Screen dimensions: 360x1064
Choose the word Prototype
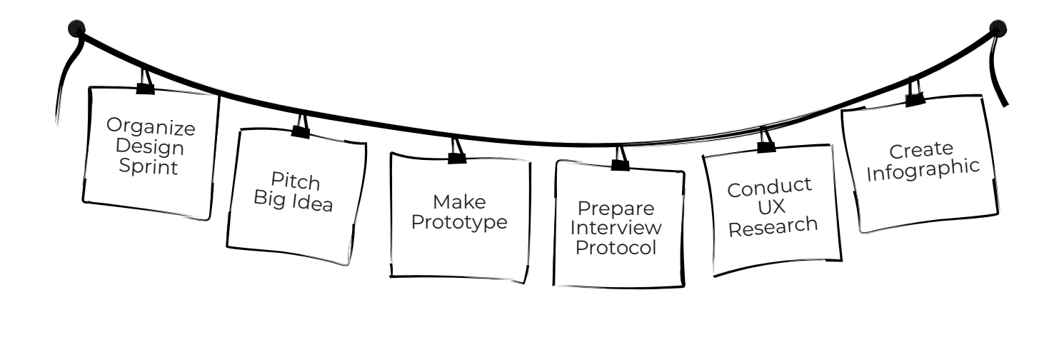[461, 221]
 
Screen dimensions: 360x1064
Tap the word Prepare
[618, 209]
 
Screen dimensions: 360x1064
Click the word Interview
[618, 230]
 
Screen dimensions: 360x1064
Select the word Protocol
[618, 251]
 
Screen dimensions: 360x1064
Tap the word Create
[911, 151]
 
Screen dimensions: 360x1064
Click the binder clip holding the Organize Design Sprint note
[145, 85]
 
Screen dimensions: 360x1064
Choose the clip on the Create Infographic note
[914, 96]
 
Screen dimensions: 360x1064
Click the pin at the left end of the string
[75, 29]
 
